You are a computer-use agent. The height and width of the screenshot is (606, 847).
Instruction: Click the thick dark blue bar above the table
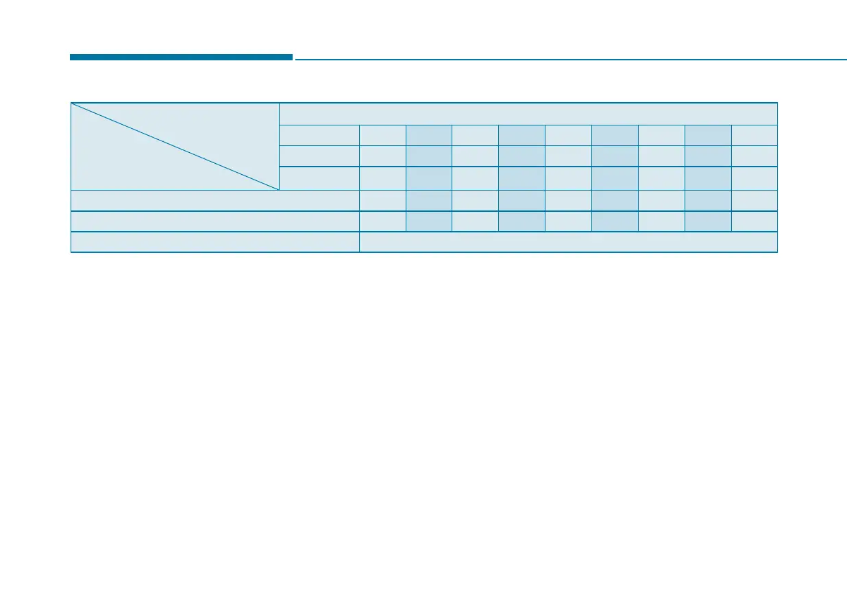pyautogui.click(x=181, y=58)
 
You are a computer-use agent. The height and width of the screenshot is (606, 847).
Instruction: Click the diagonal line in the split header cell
pyautogui.click(x=175, y=146)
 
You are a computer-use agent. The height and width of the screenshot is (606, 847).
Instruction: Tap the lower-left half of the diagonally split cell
pyautogui.click(x=123, y=165)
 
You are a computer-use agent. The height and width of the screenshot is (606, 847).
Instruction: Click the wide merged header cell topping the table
pyautogui.click(x=528, y=114)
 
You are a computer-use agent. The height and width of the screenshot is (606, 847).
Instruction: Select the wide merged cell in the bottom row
pyautogui.click(x=568, y=243)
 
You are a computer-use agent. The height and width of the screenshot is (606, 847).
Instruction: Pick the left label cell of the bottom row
pyautogui.click(x=215, y=243)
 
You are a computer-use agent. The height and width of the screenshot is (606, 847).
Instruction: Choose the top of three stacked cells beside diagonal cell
pyautogui.click(x=319, y=135)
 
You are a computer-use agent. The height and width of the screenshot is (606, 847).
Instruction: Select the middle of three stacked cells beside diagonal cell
pyautogui.click(x=319, y=156)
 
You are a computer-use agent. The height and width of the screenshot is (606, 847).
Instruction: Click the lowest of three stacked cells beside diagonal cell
pyautogui.click(x=319, y=178)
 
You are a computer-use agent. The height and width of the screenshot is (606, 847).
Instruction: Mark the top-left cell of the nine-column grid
pyautogui.click(x=382, y=135)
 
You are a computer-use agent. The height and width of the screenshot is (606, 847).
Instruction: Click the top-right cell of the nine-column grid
pyautogui.click(x=754, y=135)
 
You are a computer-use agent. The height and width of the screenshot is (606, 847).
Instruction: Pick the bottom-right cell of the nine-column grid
pyautogui.click(x=754, y=221)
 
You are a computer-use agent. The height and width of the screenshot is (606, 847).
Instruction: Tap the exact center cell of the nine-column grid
pyautogui.click(x=568, y=178)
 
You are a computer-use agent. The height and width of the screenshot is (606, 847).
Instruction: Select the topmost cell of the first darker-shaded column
pyautogui.click(x=429, y=135)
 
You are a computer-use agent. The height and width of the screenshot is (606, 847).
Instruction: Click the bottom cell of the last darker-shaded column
pyautogui.click(x=708, y=221)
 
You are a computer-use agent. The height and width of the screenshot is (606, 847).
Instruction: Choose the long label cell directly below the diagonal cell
pyautogui.click(x=215, y=200)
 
